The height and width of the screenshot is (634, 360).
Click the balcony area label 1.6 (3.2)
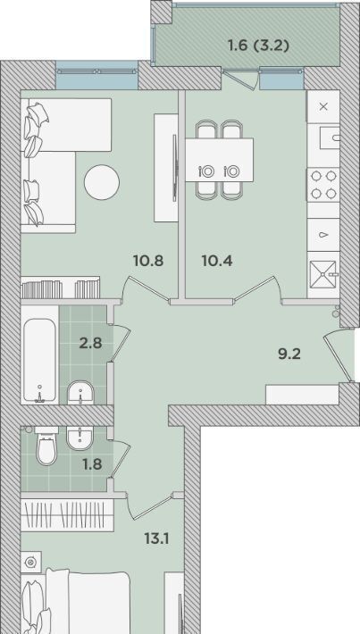point(258,46)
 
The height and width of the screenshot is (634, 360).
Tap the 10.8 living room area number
point(148,261)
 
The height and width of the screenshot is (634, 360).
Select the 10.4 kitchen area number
point(217,261)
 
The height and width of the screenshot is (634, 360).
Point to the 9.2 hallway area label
point(289,355)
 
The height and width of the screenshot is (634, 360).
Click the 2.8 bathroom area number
point(90,344)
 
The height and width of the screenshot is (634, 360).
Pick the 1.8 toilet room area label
point(92,464)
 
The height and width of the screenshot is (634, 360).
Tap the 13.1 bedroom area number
point(156,538)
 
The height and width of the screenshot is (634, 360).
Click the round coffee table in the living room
point(102,182)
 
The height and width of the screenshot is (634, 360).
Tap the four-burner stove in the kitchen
point(322,185)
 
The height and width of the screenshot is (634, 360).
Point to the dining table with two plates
point(219,160)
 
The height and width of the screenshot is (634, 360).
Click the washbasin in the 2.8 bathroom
point(80,392)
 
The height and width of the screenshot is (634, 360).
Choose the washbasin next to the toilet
point(80,438)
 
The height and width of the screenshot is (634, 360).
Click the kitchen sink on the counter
point(330,138)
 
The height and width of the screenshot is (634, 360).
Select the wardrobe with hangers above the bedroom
point(67,514)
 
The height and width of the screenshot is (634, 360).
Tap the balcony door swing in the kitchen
point(241,79)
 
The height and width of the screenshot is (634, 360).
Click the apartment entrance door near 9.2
point(339,355)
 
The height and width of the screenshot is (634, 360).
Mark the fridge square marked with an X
point(323,106)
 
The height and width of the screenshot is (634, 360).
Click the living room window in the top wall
point(96,75)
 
